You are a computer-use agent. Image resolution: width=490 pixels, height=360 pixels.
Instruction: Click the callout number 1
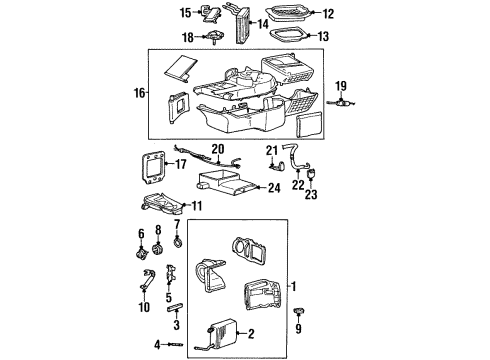point(294,287)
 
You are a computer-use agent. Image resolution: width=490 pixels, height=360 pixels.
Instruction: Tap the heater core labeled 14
point(241,23)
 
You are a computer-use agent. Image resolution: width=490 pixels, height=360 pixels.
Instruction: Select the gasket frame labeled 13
point(293,38)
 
